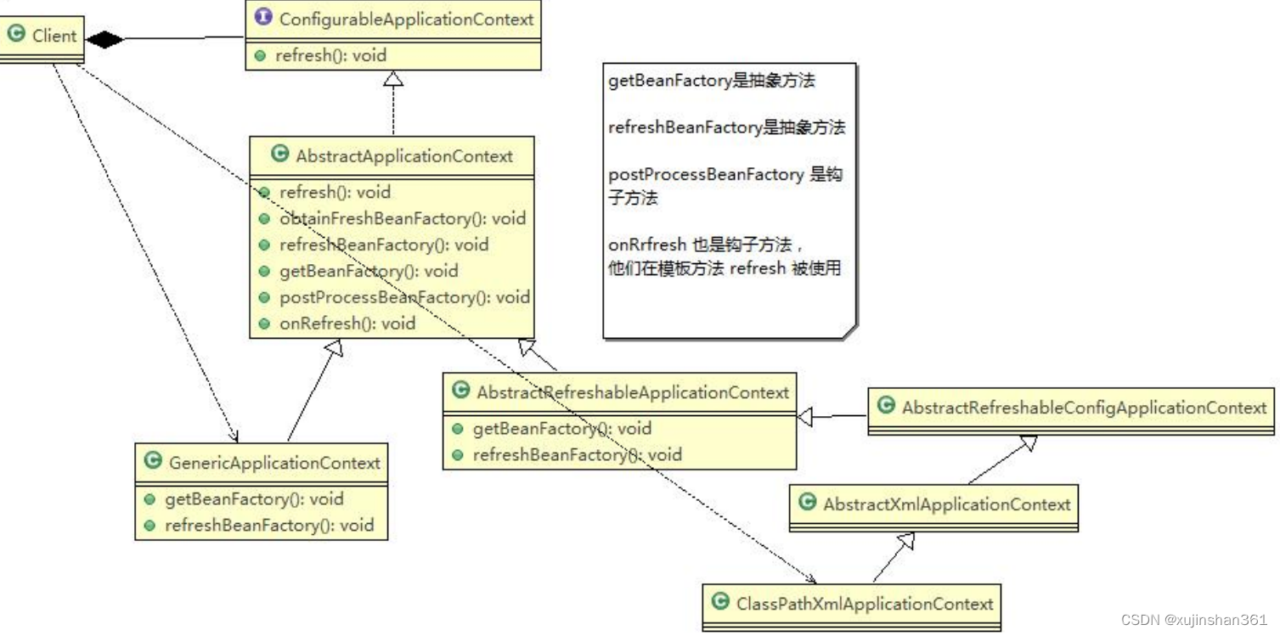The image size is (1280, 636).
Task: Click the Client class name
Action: (54, 36)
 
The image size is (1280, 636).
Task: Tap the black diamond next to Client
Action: (104, 39)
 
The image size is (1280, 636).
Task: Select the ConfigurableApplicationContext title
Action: (406, 19)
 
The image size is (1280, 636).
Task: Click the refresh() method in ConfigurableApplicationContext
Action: (330, 56)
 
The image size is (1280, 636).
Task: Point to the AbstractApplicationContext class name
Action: (404, 156)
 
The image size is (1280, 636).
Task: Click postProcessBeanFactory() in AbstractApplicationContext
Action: (404, 297)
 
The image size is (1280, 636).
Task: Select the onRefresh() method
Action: (347, 324)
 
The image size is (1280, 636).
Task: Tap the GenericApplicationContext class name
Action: (274, 463)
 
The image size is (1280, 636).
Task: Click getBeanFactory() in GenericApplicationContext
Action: (254, 499)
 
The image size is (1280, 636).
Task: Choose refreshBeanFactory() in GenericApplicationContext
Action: (268, 526)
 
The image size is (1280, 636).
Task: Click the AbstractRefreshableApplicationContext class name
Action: (633, 392)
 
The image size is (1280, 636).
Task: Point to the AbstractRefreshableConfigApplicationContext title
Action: (1084, 408)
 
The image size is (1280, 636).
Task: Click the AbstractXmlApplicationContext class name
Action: (946, 504)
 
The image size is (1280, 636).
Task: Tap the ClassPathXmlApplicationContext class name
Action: (864, 604)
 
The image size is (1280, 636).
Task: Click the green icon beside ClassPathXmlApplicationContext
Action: (721, 602)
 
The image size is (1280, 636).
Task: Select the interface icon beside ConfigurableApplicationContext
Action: (263, 18)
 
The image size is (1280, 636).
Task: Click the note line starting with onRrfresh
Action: (700, 245)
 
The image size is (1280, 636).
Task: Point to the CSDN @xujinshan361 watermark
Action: (1193, 620)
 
